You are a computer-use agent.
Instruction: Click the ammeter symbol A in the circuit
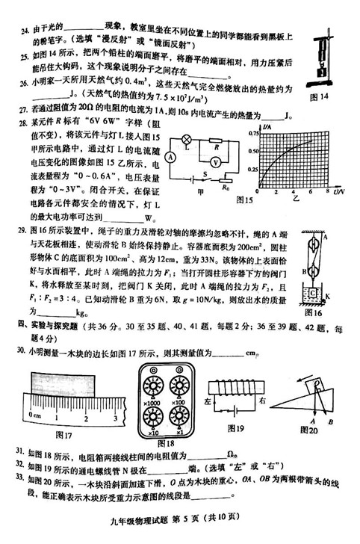tap(170, 157)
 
